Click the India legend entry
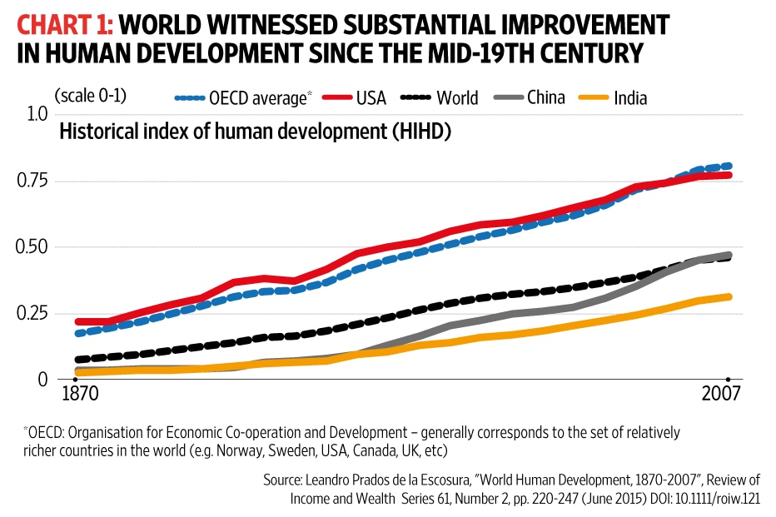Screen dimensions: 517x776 [x=615, y=97]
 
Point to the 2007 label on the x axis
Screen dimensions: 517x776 [x=722, y=394]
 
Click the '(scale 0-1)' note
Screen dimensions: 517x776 [x=90, y=94]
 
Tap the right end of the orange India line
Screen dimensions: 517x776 [x=729, y=296]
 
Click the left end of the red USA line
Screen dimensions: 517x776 [x=77, y=321]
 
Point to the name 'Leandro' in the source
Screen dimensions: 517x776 [x=343, y=481]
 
